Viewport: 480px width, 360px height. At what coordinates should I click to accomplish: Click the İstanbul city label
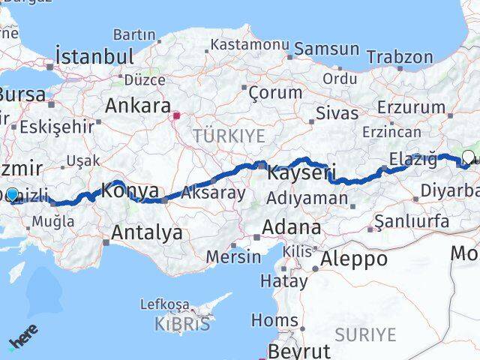coord(95,56)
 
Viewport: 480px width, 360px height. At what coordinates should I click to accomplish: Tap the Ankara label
coord(138,106)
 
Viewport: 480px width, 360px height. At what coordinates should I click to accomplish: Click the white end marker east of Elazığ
coord(469,157)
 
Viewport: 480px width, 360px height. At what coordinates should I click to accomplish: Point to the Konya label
coord(130,190)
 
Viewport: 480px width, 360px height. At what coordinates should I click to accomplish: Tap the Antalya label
coord(146,232)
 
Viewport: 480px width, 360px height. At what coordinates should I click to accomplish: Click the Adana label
coord(292,227)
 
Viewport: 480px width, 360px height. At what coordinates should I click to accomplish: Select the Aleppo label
coord(354,259)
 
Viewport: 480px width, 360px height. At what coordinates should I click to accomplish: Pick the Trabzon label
coord(401,56)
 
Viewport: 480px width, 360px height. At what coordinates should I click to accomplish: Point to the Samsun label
coord(327,49)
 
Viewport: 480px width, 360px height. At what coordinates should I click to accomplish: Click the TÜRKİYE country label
coord(229,136)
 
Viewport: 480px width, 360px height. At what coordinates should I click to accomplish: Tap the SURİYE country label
coord(364,334)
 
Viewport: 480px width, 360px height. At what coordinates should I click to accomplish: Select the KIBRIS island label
coord(182,324)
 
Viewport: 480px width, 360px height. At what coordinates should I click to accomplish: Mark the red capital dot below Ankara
coord(177,116)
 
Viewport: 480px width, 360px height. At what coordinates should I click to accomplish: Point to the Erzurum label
coord(411,107)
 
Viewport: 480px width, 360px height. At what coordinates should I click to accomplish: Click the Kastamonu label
coord(250,45)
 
